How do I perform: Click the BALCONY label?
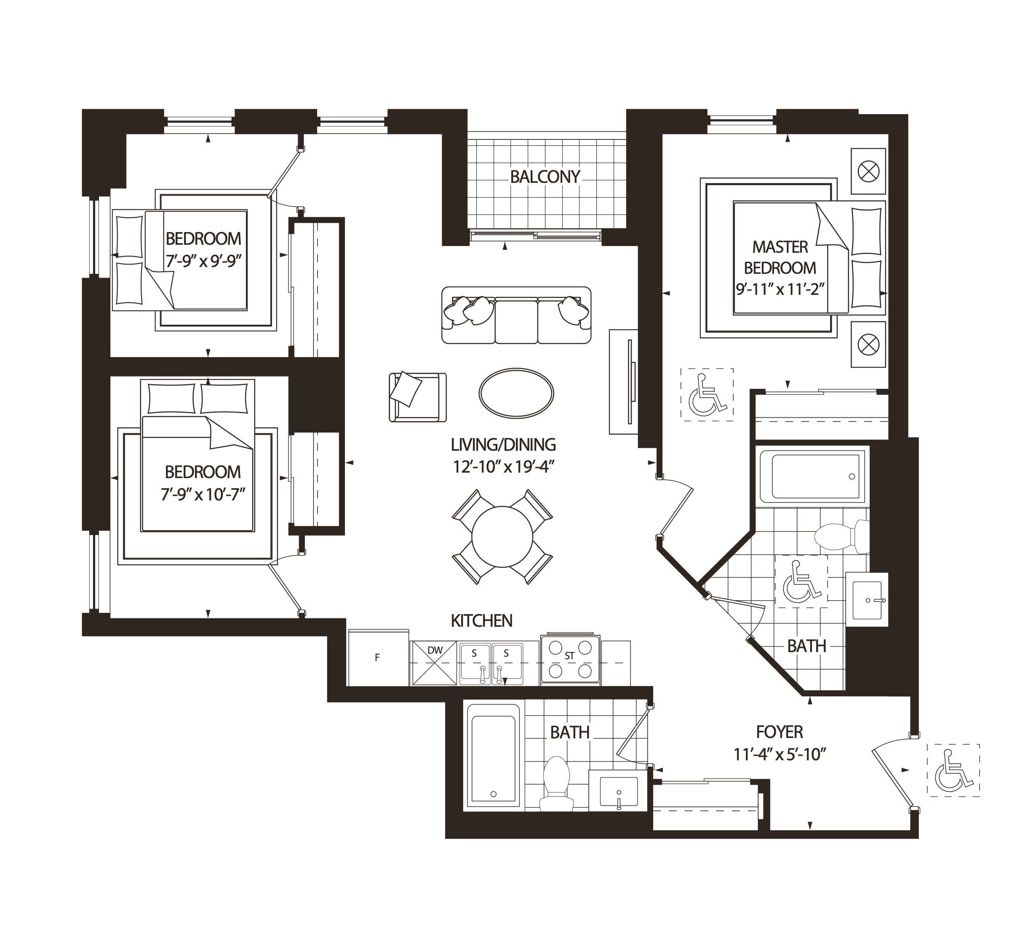(545, 177)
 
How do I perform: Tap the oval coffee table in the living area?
(516, 393)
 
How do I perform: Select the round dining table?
(502, 536)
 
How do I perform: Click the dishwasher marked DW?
(434, 663)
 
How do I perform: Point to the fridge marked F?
(378, 658)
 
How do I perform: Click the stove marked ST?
(570, 659)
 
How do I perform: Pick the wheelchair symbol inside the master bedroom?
(707, 394)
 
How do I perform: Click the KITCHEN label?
(481, 620)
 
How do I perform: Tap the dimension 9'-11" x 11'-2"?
(780, 289)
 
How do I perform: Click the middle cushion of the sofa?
(516, 320)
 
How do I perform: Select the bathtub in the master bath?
(812, 476)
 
